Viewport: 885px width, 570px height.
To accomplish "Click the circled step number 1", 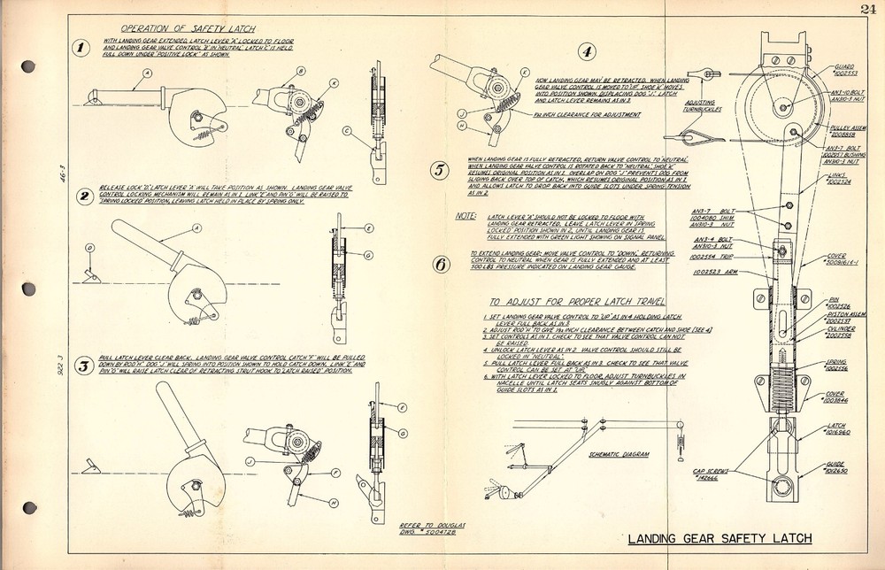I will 81,49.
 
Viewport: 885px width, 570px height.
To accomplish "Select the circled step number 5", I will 441,171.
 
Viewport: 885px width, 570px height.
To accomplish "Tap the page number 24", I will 865,10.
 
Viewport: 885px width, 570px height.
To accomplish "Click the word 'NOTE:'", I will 466,215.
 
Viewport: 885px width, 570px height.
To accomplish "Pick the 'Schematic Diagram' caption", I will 619,454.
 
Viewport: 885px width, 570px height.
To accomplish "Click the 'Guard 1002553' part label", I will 844,71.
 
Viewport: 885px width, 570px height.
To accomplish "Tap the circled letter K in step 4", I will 526,73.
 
